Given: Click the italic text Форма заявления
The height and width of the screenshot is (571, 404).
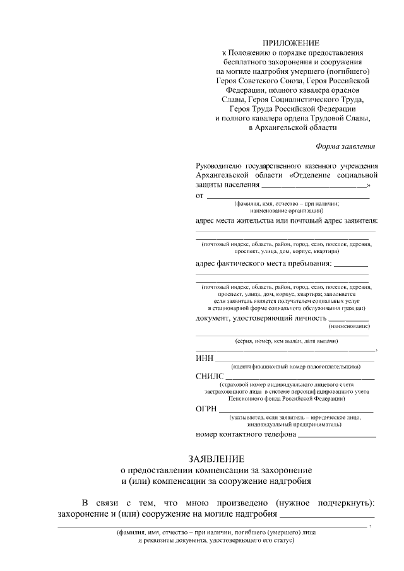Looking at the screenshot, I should (346, 146).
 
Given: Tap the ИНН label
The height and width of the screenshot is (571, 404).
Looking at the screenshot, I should (205, 359).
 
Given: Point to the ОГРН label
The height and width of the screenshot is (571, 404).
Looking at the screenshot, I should (207, 409).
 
